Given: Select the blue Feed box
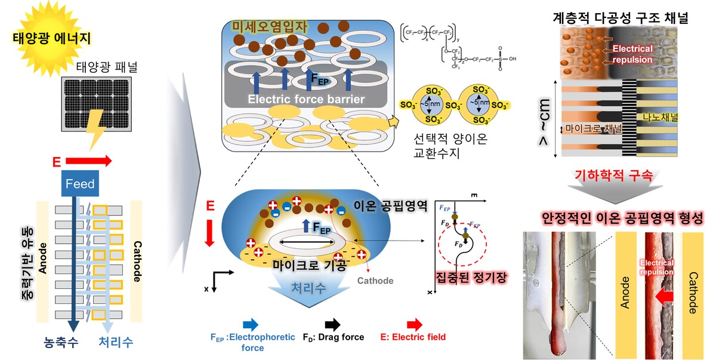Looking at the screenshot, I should point(80,184).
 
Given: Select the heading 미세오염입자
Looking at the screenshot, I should point(266,27).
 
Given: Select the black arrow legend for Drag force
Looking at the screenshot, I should point(331,324).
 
